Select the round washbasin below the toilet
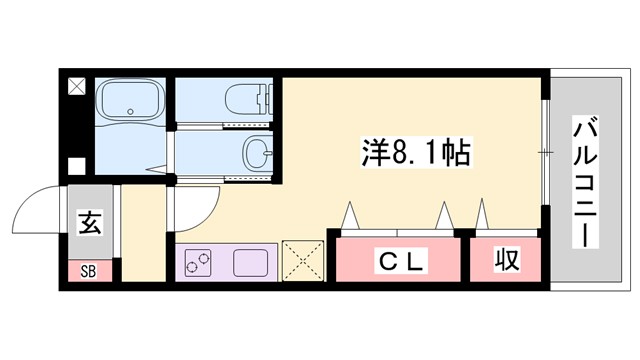click(255, 154)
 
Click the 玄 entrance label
click(88, 222)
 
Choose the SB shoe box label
click(87, 270)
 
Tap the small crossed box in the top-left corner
click(76, 86)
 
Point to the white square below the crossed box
click(76, 167)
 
